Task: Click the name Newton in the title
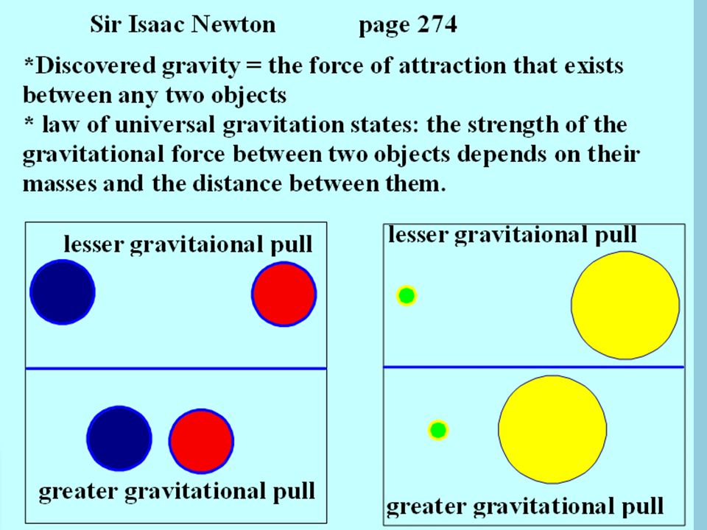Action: tap(233, 24)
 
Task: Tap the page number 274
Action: tap(437, 24)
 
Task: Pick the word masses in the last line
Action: tap(60, 184)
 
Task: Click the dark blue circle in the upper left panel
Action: tap(63, 292)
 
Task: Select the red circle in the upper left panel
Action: tap(284, 294)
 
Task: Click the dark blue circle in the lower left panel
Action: tap(119, 439)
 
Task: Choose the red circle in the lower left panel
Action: tap(201, 441)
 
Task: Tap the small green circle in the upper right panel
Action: tap(407, 296)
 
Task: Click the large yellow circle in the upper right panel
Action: tap(625, 305)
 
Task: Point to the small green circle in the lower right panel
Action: tap(437, 430)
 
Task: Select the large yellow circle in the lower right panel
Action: tap(552, 429)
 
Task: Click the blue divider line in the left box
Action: tap(176, 369)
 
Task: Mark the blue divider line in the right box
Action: tap(534, 367)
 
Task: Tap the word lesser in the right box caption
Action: tap(418, 235)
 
